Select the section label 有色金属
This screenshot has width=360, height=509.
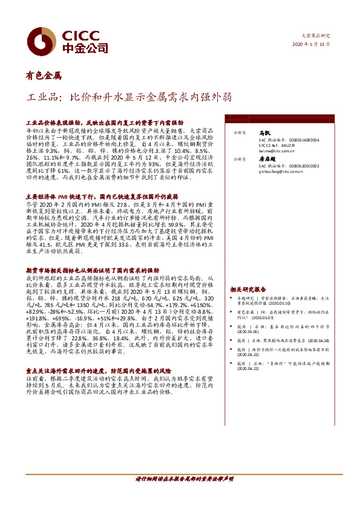tap(43, 77)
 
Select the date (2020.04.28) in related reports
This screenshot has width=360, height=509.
tap(321, 340)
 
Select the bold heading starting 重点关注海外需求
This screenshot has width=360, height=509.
tap(97, 368)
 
